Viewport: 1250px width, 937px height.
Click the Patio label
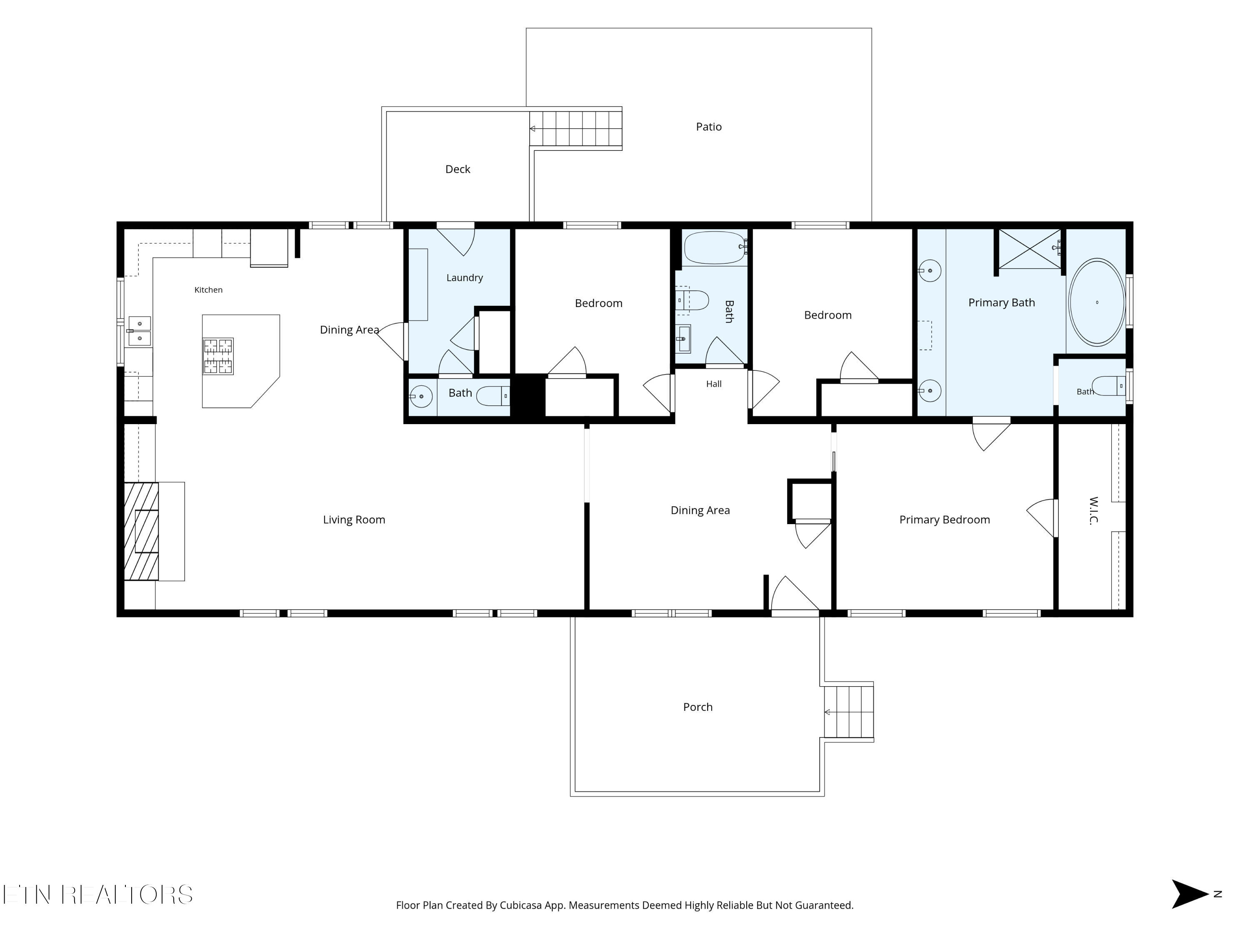pyautogui.click(x=709, y=127)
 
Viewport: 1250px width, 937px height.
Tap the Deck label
pyautogui.click(x=458, y=169)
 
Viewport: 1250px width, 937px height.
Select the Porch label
pyautogui.click(x=698, y=707)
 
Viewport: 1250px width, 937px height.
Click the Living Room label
pyautogui.click(x=354, y=520)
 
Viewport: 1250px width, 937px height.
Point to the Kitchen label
pyautogui.click(x=208, y=290)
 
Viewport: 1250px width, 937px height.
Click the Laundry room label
pyautogui.click(x=465, y=277)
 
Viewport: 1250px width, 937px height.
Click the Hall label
pyautogui.click(x=714, y=384)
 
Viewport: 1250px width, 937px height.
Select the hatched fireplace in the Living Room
pyautogui.click(x=141, y=531)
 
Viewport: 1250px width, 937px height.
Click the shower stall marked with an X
pyautogui.click(x=1030, y=249)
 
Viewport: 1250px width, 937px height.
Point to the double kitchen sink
pyautogui.click(x=140, y=331)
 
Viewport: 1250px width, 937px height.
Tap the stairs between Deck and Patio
pyautogui.click(x=576, y=128)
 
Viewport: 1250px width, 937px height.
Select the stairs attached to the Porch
pyautogui.click(x=849, y=712)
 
